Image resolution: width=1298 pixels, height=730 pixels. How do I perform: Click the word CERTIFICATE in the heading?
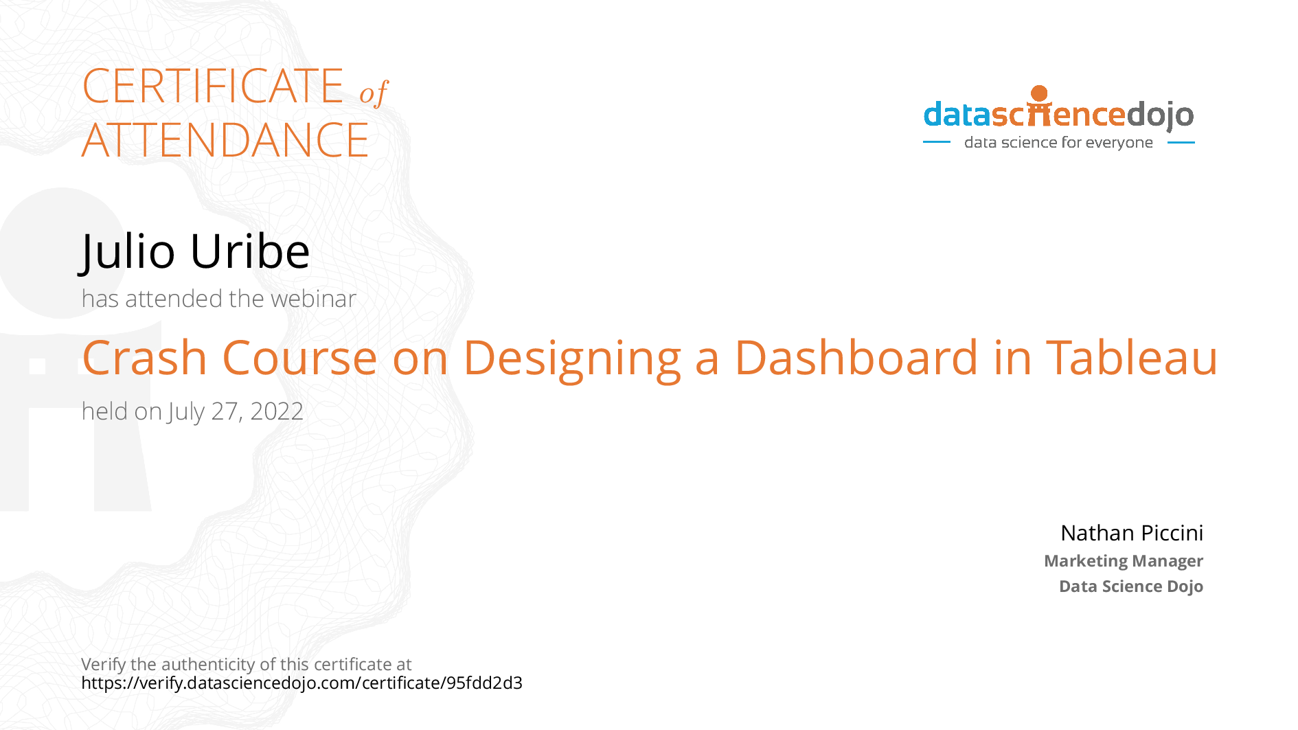213,87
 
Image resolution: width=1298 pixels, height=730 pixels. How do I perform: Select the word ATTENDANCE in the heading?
225,141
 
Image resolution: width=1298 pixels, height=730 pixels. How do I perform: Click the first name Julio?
128,251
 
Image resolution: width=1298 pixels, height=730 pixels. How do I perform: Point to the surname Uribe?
250,251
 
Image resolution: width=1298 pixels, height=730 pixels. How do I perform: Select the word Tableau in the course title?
1132,358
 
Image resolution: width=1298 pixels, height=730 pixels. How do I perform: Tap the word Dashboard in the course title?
856,358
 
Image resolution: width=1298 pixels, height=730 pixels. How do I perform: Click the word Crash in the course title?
144,358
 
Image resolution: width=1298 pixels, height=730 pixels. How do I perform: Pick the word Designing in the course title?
572,359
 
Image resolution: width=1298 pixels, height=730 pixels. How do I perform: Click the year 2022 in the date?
277,411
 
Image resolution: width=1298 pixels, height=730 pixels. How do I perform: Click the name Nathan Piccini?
1131,533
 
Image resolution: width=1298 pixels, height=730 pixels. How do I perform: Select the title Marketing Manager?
1123,561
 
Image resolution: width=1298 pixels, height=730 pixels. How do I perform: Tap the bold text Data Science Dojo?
1130,586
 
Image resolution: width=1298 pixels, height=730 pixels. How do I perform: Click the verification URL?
301,683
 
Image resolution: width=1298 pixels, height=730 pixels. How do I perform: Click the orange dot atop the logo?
1039,93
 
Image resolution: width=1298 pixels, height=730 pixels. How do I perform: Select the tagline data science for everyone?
1058,143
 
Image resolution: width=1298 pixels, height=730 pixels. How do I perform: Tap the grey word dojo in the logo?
1160,115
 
